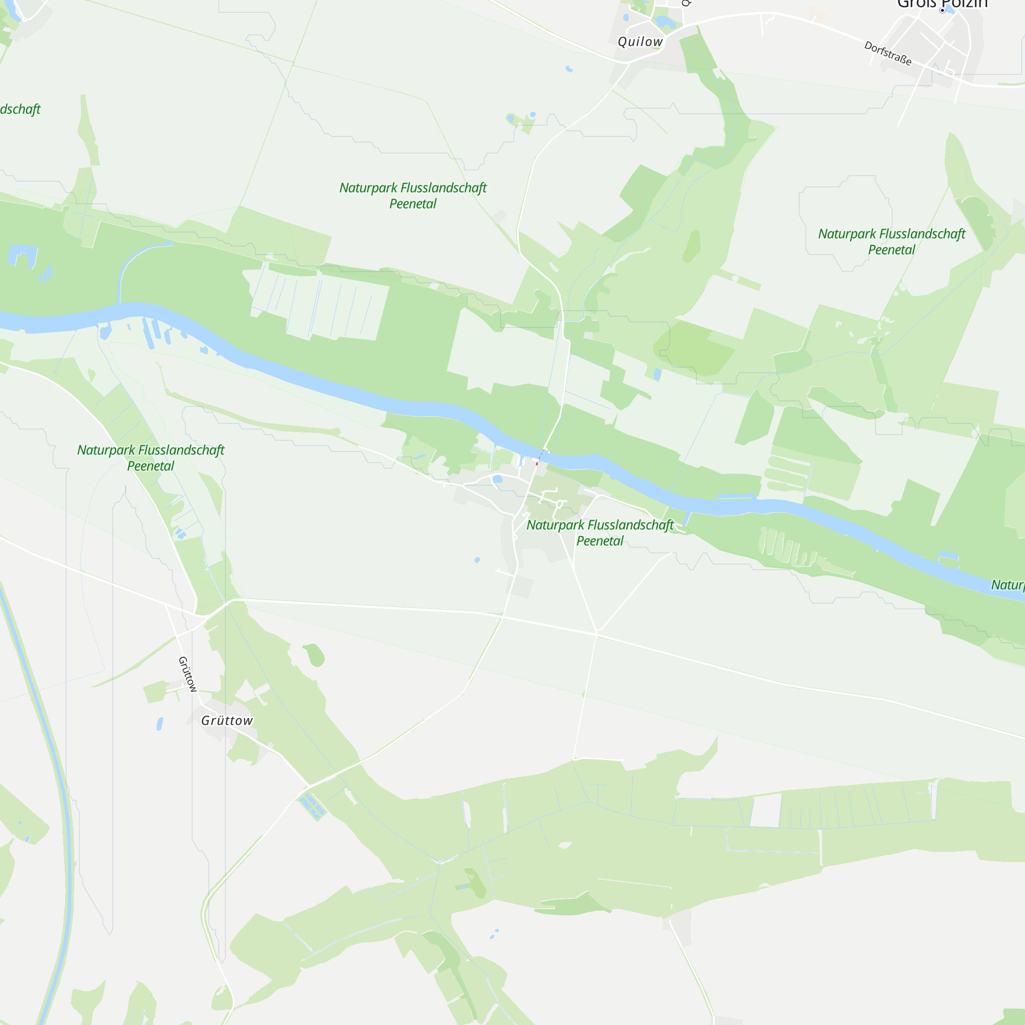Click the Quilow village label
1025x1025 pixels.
pos(640,42)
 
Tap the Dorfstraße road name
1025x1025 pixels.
pos(888,53)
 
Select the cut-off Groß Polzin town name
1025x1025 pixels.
pos(941,4)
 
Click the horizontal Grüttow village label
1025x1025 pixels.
pos(227,721)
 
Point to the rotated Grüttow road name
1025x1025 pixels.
pos(187,674)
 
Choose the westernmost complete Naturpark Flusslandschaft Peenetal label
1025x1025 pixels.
pos(151,458)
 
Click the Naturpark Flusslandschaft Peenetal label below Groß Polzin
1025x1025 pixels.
pos(891,241)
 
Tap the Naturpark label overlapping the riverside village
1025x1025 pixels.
pos(600,532)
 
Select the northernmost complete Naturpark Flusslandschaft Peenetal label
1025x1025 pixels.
pos(413,195)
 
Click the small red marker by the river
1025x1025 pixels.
pos(537,464)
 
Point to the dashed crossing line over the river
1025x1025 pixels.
pos(541,455)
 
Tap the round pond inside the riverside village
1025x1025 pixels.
pos(497,480)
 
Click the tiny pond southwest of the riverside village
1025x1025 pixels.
pos(478,560)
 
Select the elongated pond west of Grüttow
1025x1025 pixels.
pos(160,724)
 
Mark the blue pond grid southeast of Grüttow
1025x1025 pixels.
pos(312,805)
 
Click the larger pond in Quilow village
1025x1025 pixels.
pos(664,22)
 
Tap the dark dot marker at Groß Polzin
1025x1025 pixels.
pos(942,10)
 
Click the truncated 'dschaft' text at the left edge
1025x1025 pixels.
pos(19,109)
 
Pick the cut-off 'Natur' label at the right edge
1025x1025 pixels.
pos(1008,585)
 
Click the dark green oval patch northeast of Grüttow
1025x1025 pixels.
pos(314,654)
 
